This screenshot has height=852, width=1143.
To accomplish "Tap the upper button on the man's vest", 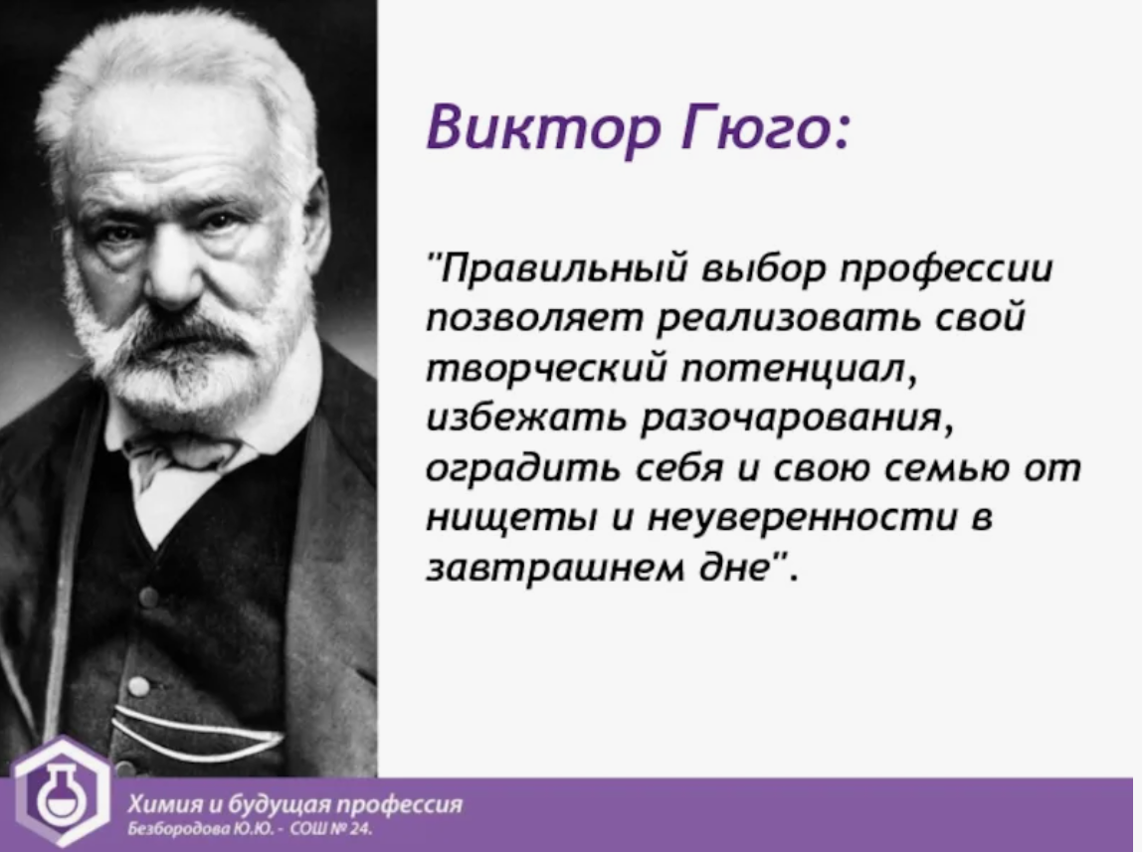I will pos(148,597).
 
